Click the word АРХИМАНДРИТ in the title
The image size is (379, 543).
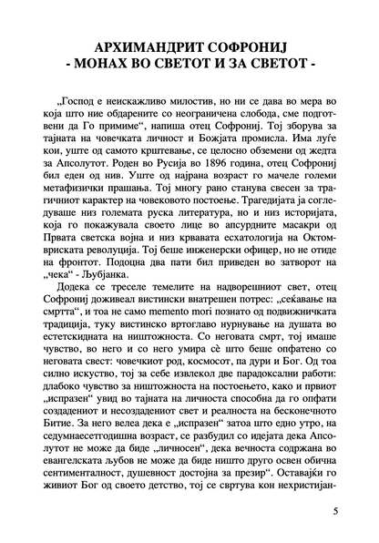[148, 46]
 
